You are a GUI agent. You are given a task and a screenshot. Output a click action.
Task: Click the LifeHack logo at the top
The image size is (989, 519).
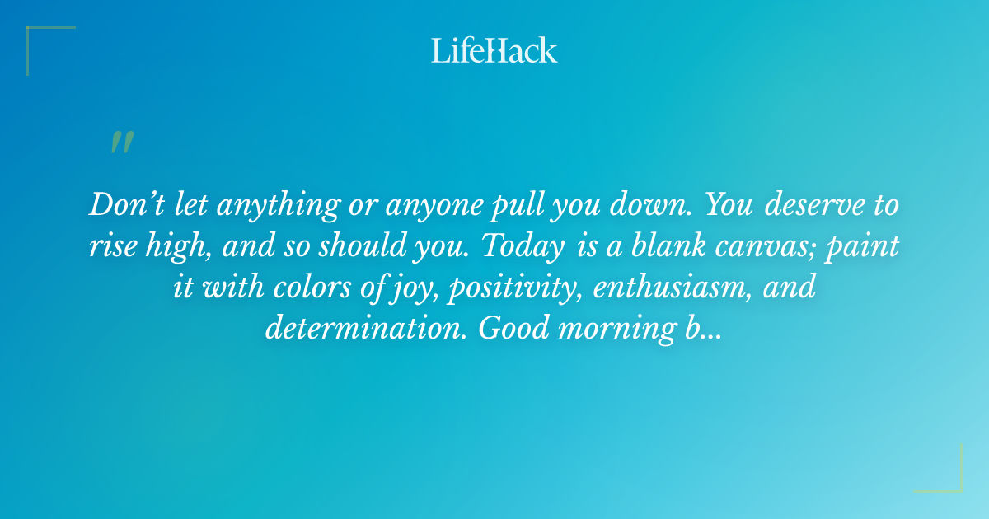(x=494, y=50)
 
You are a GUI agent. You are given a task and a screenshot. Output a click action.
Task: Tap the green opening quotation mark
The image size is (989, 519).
(x=121, y=143)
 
